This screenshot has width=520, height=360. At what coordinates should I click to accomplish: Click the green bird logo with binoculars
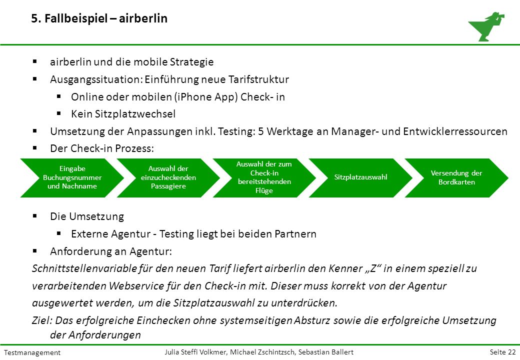tap(486, 26)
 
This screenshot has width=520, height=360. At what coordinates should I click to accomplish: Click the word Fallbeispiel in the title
tap(76, 18)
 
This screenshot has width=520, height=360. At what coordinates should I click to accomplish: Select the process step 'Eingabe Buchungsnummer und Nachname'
tap(72, 177)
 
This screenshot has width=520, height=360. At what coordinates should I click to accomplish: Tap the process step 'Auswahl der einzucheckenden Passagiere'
tap(168, 177)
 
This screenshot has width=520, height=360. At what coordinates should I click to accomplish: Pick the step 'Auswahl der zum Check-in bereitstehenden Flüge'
tap(264, 177)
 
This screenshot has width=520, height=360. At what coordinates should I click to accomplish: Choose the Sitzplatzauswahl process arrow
tap(360, 177)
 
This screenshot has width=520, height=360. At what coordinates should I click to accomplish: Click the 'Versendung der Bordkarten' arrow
tap(456, 177)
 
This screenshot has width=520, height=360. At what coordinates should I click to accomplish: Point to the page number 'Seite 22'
tap(503, 352)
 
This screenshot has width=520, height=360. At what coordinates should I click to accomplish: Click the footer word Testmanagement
tap(32, 352)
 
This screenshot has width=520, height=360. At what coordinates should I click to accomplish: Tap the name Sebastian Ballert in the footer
tap(326, 352)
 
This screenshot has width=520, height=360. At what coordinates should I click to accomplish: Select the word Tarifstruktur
tap(258, 79)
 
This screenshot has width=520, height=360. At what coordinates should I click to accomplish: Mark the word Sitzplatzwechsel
tap(135, 114)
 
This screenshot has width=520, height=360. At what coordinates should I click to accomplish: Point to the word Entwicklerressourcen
tap(455, 131)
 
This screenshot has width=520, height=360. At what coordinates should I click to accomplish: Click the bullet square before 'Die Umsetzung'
tap(35, 216)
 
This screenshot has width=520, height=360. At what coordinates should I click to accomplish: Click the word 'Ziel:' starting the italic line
tap(42, 320)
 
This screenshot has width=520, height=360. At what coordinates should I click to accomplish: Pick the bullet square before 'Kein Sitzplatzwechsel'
tap(59, 113)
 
